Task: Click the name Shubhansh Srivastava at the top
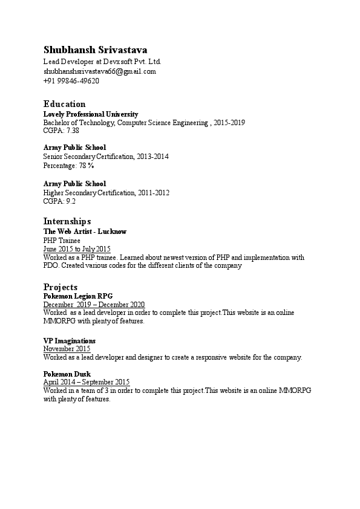(x=95, y=50)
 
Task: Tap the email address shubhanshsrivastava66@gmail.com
(x=99, y=71)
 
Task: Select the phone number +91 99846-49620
(x=71, y=80)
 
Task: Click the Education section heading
(x=64, y=104)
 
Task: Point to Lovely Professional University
(x=91, y=114)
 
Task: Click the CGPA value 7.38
(x=73, y=130)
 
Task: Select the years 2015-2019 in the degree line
(x=229, y=122)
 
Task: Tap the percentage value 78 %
(x=87, y=165)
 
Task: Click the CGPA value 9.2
(x=71, y=201)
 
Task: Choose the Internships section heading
(x=67, y=221)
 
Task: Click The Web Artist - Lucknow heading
(x=85, y=232)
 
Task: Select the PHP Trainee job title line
(x=62, y=240)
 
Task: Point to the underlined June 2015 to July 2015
(x=77, y=248)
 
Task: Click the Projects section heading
(x=61, y=287)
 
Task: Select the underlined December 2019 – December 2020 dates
(x=94, y=305)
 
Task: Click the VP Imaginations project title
(x=70, y=341)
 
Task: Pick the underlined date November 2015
(x=67, y=349)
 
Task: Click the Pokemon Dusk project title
(x=67, y=374)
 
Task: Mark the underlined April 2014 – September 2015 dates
(x=87, y=382)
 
